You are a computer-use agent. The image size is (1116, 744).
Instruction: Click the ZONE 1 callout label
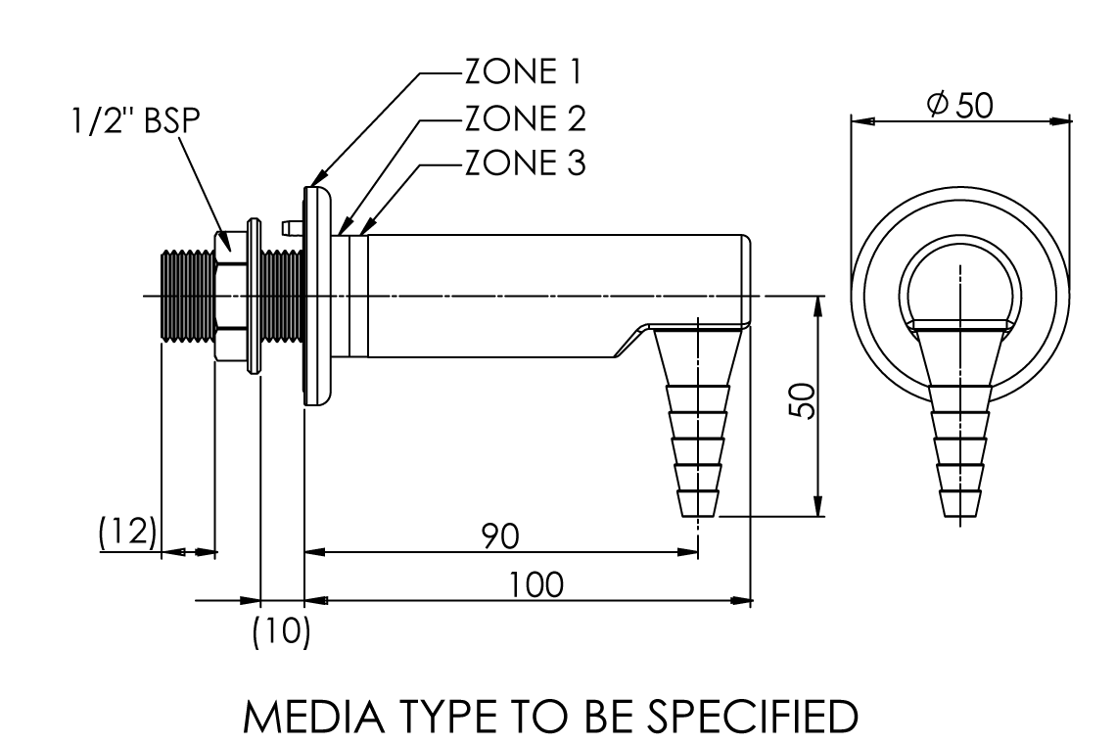coord(523,71)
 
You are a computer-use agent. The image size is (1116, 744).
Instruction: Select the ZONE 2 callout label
coord(526,117)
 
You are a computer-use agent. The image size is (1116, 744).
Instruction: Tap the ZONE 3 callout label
coord(526,163)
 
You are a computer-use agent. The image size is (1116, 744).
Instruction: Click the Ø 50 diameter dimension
coord(960,105)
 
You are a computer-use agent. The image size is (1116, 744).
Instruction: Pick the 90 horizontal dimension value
coord(500,535)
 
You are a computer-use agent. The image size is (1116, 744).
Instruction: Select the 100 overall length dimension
coord(535,584)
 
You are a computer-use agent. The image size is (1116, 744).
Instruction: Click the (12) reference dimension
coord(127,532)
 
